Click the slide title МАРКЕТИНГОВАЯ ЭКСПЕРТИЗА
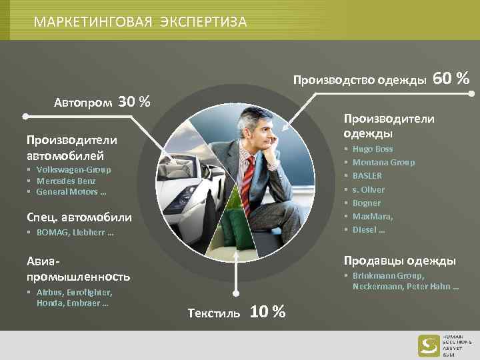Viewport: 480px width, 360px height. [140, 22]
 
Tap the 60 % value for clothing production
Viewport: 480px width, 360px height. [451, 79]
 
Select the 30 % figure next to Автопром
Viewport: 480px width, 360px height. [133, 102]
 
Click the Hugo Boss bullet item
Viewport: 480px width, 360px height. [373, 149]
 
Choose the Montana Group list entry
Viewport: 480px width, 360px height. [383, 163]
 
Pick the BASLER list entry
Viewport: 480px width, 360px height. [367, 176]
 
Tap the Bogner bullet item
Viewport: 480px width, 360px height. [367, 203]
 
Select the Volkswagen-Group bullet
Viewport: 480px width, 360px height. [74, 170]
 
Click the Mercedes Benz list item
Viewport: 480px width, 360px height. [66, 181]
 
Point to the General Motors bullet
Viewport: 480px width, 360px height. [71, 192]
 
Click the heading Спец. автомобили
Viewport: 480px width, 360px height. [79, 217]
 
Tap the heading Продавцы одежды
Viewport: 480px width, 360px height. [399, 261]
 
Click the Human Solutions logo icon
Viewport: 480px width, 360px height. [429, 345]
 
